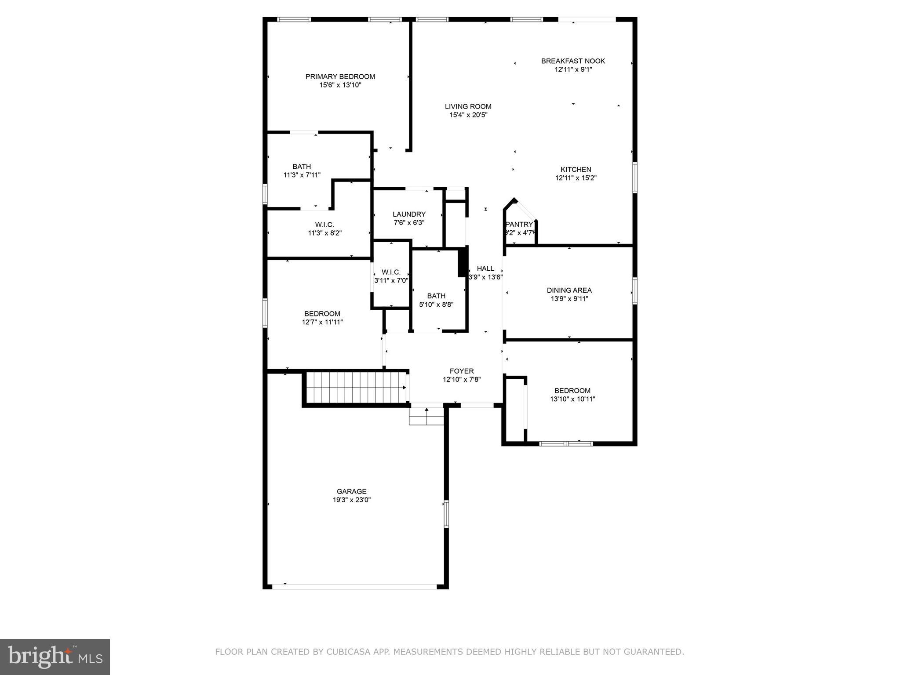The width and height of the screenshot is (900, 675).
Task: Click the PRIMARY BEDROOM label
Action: (x=340, y=76)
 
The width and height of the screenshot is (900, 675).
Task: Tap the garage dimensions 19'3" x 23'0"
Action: (x=351, y=500)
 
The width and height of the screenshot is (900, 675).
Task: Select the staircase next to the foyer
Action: (x=355, y=387)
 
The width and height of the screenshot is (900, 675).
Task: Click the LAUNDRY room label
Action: (x=409, y=214)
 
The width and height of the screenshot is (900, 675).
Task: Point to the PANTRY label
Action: (x=519, y=225)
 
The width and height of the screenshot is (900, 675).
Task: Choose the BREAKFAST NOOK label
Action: (x=573, y=61)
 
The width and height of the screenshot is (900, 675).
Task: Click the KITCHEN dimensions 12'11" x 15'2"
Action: (x=576, y=178)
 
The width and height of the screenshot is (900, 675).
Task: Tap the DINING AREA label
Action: (x=569, y=290)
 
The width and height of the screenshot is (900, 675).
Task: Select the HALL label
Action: (x=485, y=269)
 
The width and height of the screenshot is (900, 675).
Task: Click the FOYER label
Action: (x=462, y=371)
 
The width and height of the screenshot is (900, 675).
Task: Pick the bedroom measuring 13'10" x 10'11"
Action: (x=572, y=395)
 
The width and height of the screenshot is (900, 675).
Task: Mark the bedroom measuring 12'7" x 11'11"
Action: (x=322, y=318)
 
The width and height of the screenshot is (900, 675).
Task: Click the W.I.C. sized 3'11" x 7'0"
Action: (x=391, y=276)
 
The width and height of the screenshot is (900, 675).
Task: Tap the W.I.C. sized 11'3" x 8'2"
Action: (x=324, y=229)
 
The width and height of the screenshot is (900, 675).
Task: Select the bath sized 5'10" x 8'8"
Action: (x=436, y=300)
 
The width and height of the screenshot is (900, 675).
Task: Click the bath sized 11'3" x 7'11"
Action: (x=302, y=171)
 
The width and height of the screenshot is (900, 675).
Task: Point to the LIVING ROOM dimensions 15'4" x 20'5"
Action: (x=468, y=115)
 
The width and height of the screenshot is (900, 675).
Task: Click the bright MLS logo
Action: (x=55, y=657)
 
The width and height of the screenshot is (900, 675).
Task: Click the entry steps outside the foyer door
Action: (x=426, y=416)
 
